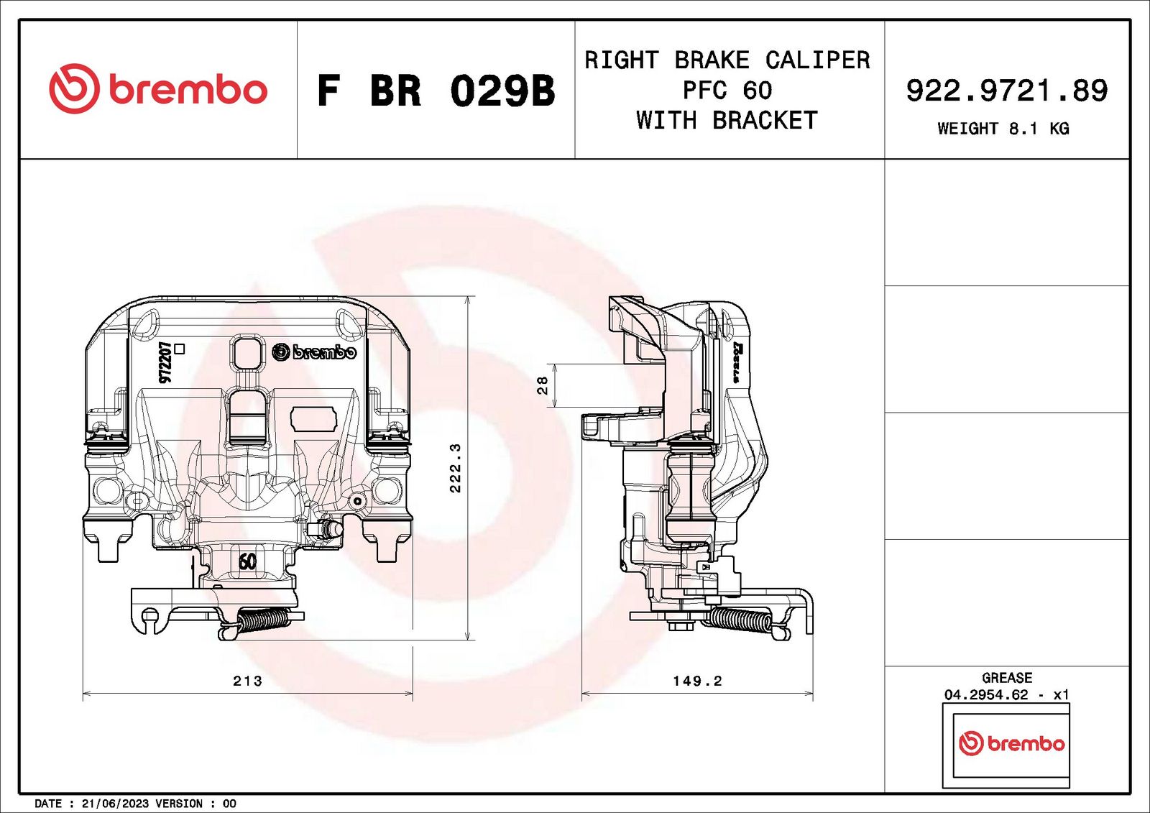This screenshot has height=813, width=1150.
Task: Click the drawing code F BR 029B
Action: coord(436,91)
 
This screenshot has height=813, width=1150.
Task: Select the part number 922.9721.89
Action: coord(1007,91)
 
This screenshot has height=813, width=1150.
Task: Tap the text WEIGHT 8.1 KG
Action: coord(1003,128)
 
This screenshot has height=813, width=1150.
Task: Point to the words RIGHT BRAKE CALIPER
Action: coord(727,60)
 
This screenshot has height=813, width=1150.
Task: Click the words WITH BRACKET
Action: coord(727,120)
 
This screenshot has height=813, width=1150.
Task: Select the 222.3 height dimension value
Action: coord(456,468)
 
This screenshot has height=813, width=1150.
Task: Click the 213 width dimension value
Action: coord(247,681)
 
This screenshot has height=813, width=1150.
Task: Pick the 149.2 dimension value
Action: coord(697,681)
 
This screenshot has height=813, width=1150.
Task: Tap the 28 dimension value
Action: coord(542,385)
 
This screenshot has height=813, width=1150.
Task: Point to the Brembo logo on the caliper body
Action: coord(313,352)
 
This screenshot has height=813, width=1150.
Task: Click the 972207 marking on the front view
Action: coord(165,362)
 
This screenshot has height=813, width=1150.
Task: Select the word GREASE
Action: coord(1007,678)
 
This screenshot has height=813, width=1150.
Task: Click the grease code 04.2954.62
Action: coord(986,695)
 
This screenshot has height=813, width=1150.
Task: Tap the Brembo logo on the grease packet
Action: coord(1011,744)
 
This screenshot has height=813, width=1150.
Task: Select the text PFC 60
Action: coord(727,91)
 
